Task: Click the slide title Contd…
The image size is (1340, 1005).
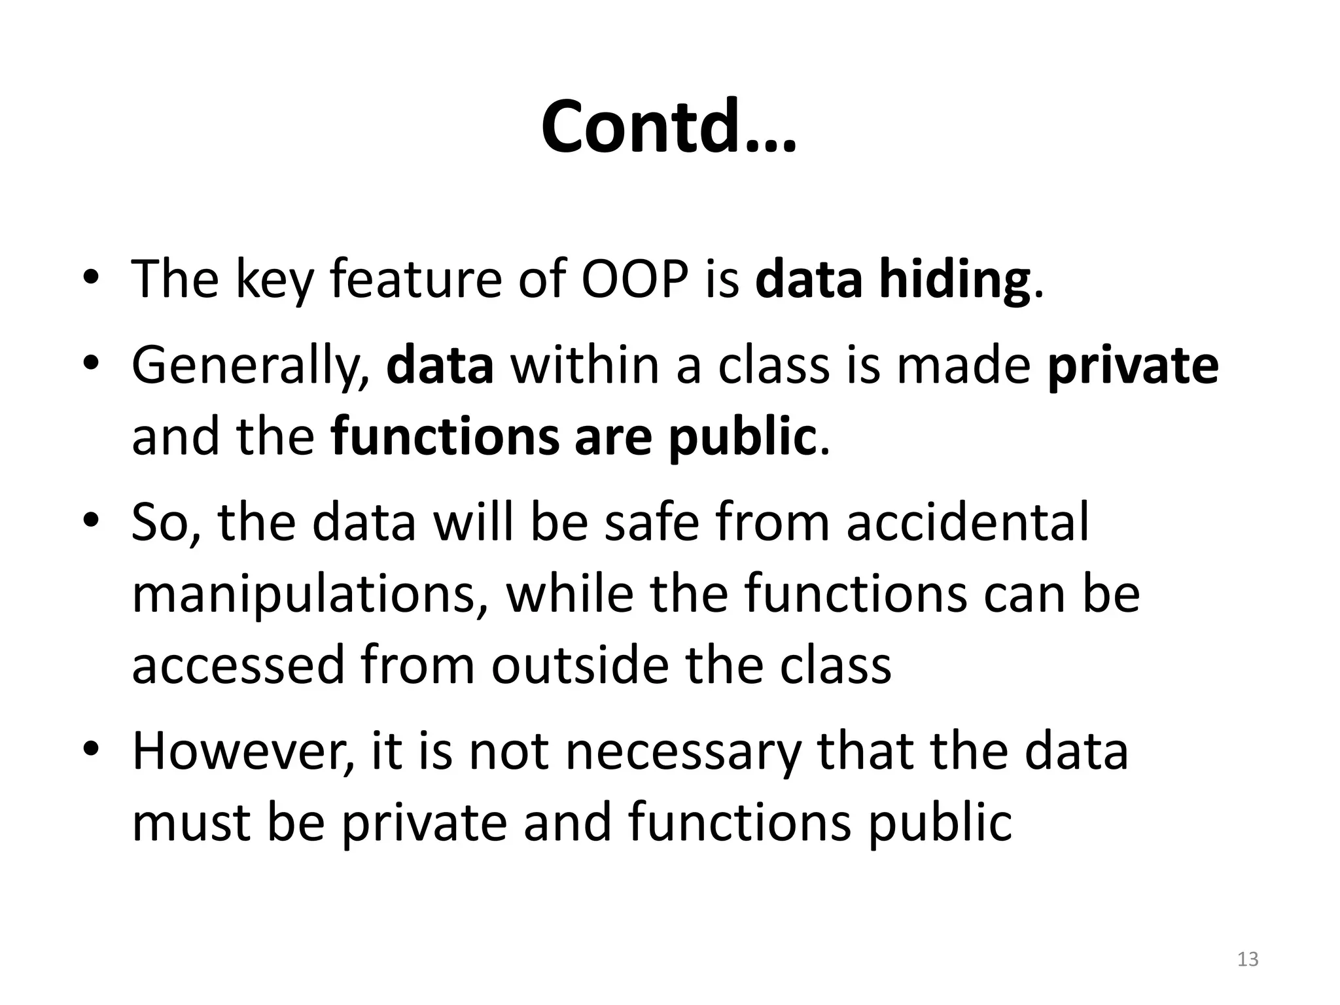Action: coord(669,127)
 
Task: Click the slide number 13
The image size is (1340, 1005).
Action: coord(1248,959)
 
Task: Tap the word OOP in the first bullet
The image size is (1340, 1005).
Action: coord(635,279)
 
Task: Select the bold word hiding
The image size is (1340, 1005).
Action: coord(955,280)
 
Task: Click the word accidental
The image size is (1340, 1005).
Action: coord(968,522)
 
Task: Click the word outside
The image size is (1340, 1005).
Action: coord(579,665)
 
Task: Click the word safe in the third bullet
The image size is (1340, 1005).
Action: coord(652,522)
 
